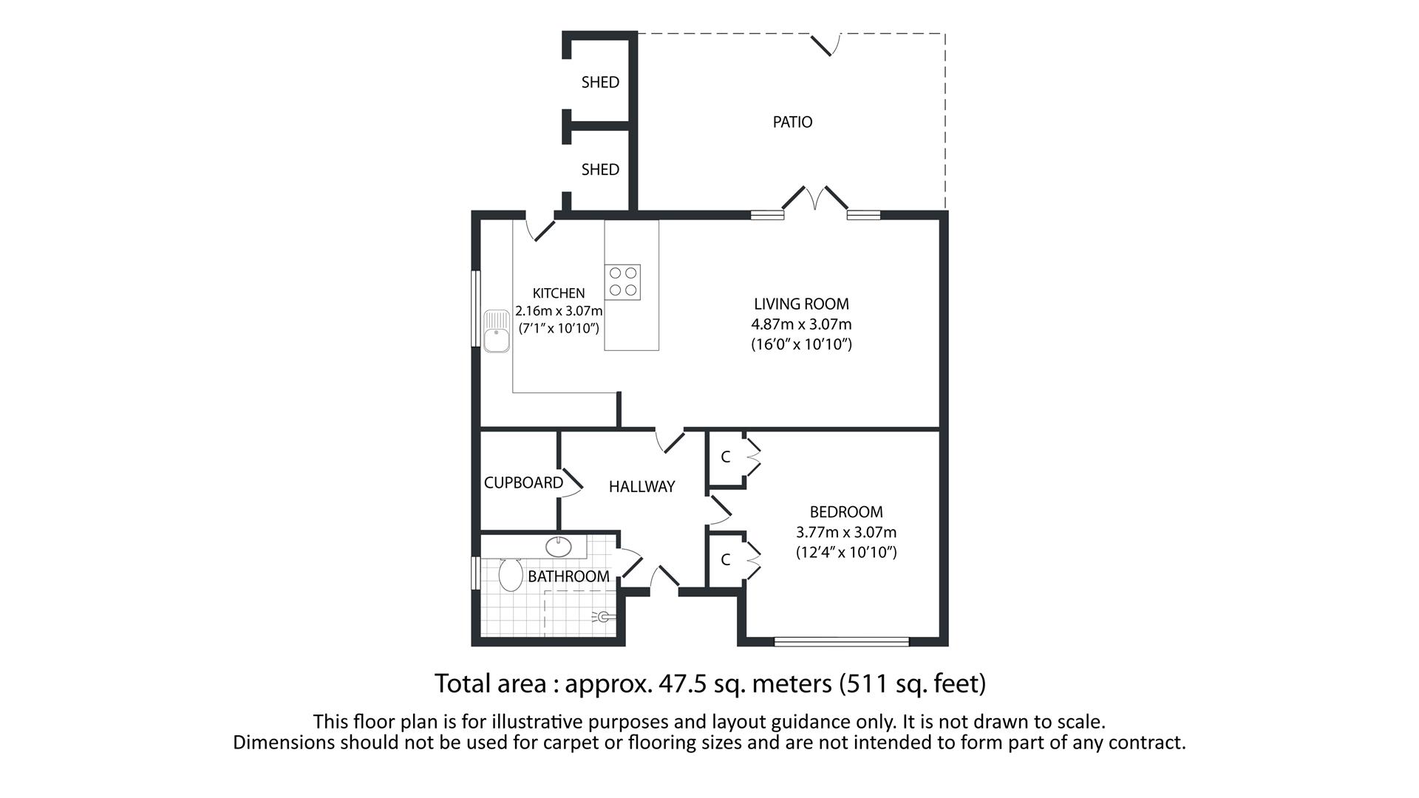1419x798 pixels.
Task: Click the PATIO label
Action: [x=792, y=122]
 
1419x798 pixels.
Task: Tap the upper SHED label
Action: [x=599, y=82]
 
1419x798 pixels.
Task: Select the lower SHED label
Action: [x=599, y=169]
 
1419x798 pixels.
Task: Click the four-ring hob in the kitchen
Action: [x=622, y=282]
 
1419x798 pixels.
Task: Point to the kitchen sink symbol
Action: [x=496, y=331]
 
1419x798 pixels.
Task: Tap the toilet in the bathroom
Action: [x=510, y=574]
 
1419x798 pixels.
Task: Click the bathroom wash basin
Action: [x=558, y=548]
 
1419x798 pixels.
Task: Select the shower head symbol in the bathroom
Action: [x=603, y=616]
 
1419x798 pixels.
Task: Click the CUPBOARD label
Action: [x=523, y=482]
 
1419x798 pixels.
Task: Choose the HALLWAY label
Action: [x=642, y=486]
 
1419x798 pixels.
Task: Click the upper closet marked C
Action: [x=725, y=457]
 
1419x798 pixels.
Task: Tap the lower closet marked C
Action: [x=725, y=560]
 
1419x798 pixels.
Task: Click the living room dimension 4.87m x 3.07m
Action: [x=801, y=324]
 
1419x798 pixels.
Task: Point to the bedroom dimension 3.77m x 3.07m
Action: [x=845, y=532]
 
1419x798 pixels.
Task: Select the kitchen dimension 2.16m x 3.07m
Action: [x=559, y=311]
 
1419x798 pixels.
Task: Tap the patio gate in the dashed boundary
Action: [x=825, y=44]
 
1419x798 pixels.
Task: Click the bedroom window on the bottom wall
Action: [x=841, y=641]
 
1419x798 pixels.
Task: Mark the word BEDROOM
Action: [x=845, y=512]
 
